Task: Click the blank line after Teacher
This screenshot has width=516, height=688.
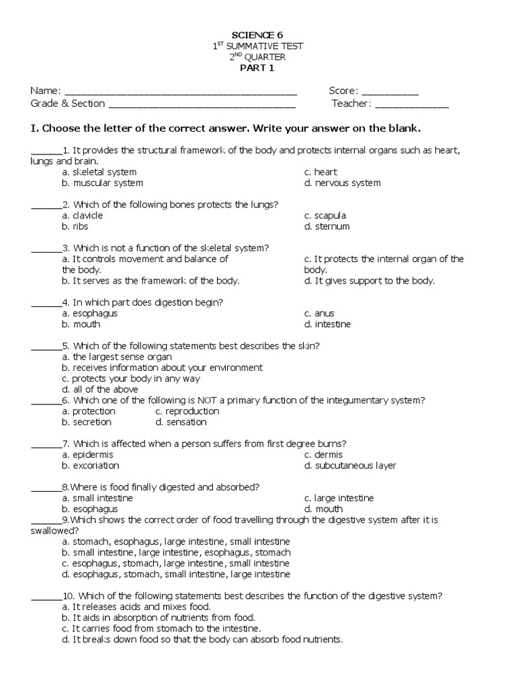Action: coord(411,104)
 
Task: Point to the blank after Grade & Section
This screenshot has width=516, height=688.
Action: coord(202,104)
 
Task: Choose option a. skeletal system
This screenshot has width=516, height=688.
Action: coord(99,172)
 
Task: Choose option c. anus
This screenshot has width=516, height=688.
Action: coord(319,313)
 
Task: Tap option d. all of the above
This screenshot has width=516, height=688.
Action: coord(100,389)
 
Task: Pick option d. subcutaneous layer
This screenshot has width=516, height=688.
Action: coord(349,465)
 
